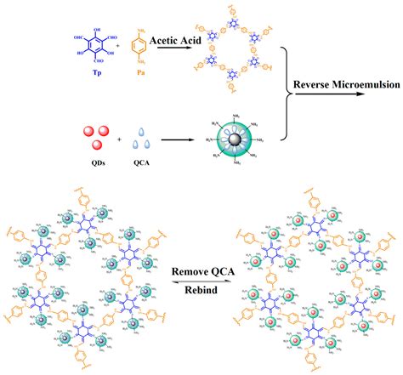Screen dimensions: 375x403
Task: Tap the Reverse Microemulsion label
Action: click(x=341, y=83)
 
